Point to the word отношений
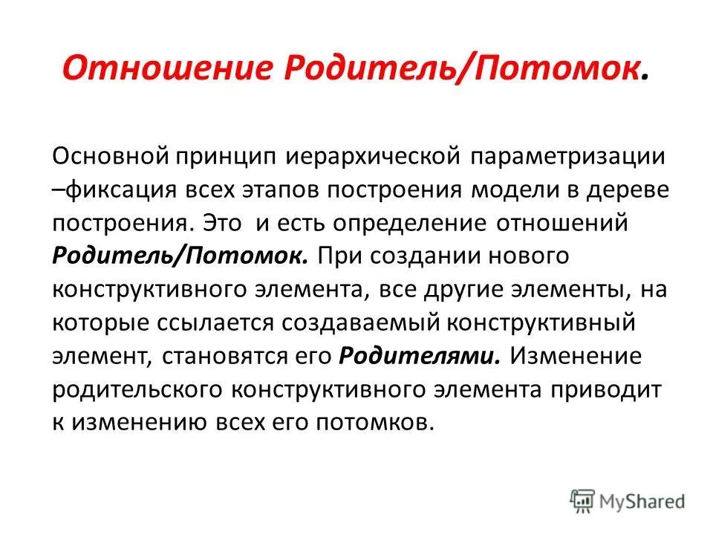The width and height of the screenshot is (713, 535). (x=567, y=223)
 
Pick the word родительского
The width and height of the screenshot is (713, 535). (x=137, y=389)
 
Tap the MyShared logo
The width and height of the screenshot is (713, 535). (x=628, y=499)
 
